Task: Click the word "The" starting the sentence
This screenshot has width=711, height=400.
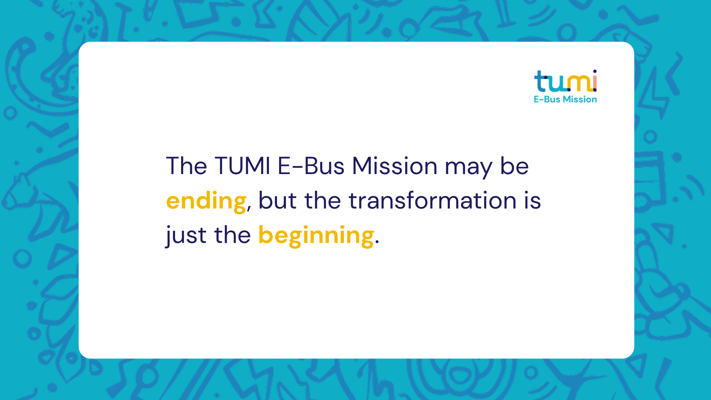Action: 186,166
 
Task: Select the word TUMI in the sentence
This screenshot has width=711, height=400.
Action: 243,166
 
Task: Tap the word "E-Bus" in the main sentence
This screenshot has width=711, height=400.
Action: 311,166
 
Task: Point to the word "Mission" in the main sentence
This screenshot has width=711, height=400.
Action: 394,166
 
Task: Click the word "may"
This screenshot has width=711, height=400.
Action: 468,169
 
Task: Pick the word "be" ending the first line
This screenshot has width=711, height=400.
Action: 514,166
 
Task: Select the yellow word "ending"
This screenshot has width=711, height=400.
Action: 206,202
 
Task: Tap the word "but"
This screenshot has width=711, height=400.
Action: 277,200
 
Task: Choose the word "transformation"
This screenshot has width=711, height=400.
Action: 433,200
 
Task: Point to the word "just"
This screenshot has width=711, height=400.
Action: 186,236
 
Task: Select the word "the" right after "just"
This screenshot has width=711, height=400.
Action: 233,235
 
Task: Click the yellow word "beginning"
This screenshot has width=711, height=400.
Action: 316,236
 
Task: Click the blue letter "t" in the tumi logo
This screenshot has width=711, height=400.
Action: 541,81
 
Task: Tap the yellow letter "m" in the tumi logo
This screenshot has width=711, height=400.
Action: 580,83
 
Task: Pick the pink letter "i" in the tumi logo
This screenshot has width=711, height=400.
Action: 595,80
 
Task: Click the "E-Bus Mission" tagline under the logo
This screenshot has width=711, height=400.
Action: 565,99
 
